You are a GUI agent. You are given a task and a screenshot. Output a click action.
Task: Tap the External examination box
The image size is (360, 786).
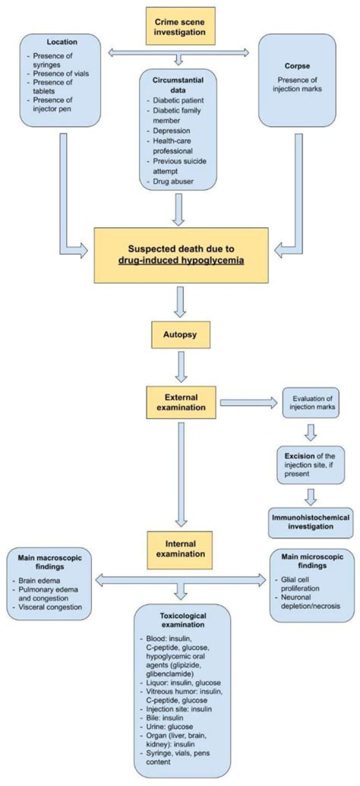pyautogui.click(x=180, y=402)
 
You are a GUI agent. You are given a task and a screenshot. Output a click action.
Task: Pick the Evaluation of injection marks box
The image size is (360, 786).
pyautogui.click(x=310, y=402)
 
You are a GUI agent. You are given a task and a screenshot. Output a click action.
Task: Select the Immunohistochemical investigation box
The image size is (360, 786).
pyautogui.click(x=310, y=522)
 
